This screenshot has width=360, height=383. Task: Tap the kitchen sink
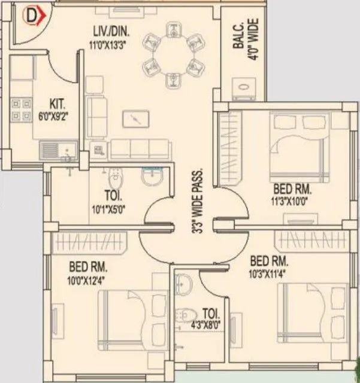(58, 148)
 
